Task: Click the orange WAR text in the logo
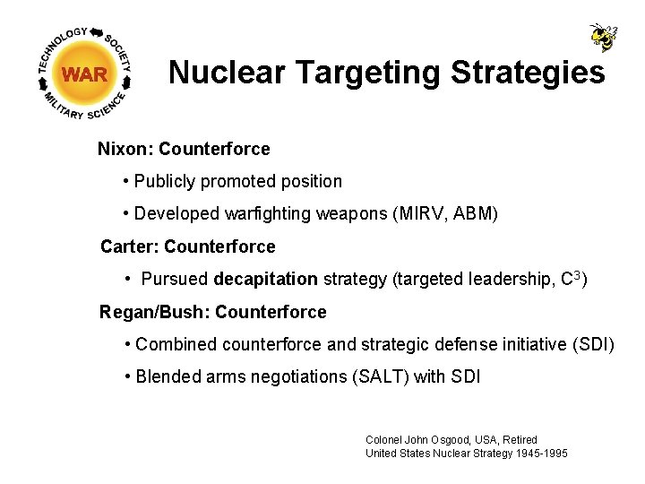[85, 75]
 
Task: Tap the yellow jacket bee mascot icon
[603, 37]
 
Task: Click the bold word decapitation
[265, 279]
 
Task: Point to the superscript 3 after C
[578, 274]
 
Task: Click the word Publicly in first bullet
[165, 181]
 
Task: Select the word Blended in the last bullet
[167, 377]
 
